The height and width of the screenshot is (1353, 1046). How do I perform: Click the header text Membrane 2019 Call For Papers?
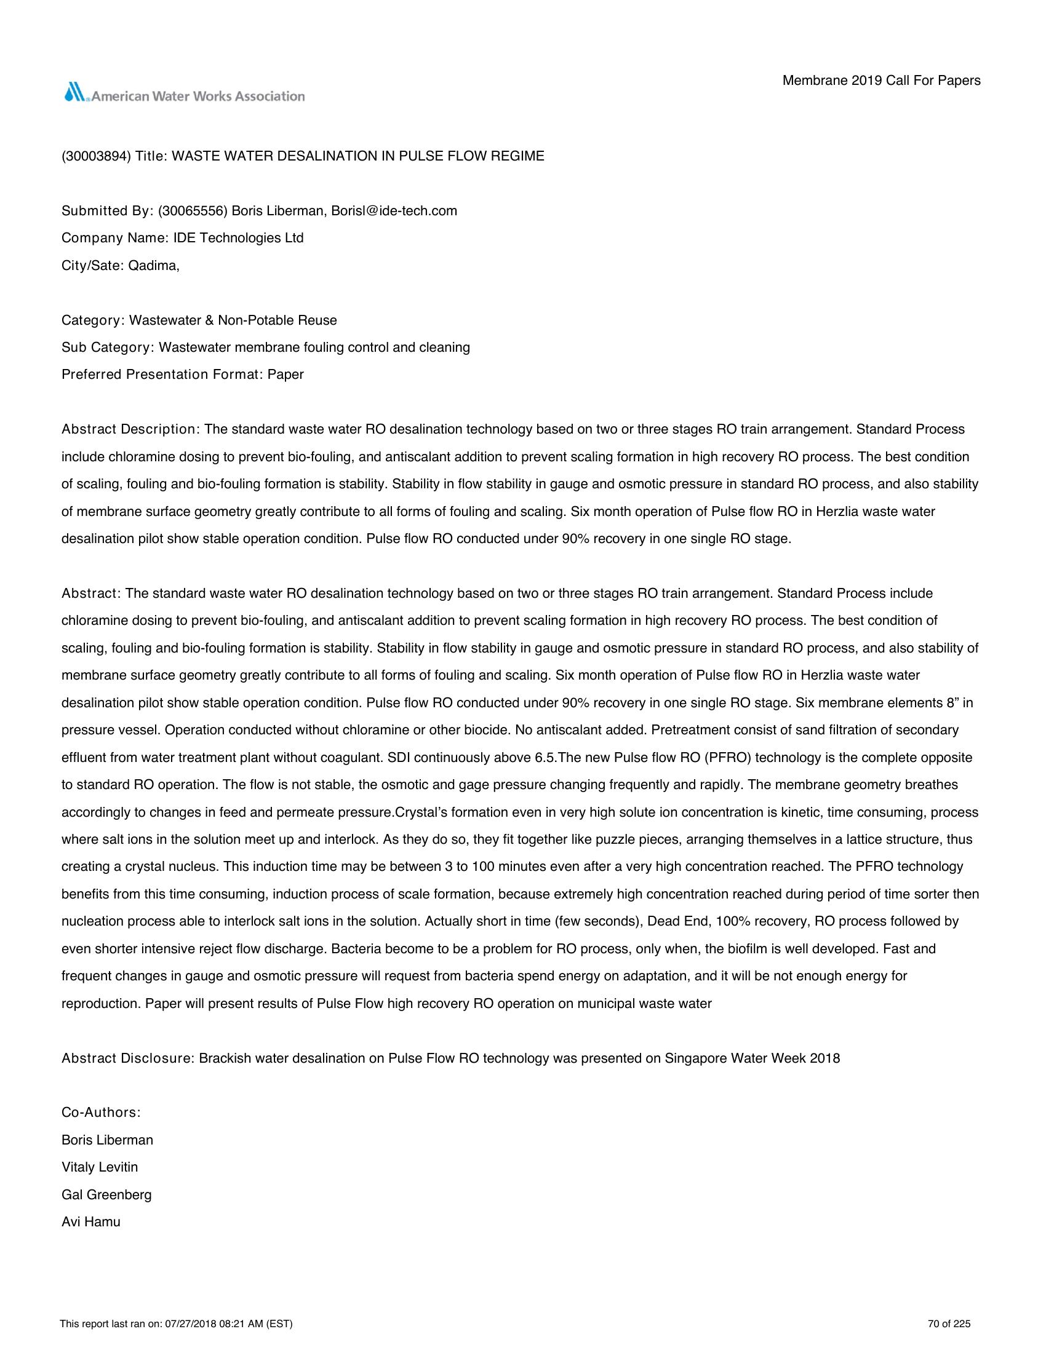click(x=881, y=81)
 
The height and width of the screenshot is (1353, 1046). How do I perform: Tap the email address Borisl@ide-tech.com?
click(x=394, y=210)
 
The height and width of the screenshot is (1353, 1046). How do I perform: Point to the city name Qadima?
click(x=153, y=265)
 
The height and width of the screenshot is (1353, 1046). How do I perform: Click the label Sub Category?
click(x=106, y=347)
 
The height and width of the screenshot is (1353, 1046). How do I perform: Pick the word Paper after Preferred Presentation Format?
click(x=285, y=375)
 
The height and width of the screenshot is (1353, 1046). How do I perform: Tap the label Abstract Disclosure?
click(x=127, y=1058)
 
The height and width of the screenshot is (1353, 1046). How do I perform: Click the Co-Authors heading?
click(x=101, y=1113)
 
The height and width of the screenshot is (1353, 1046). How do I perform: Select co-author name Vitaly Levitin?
click(x=100, y=1167)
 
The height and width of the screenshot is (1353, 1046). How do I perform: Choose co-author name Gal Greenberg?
click(x=106, y=1194)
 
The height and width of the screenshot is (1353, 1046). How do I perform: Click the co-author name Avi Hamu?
click(x=91, y=1221)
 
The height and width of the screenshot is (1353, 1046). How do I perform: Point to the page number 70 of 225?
click(x=949, y=1324)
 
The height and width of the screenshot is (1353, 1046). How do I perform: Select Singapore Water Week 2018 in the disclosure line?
click(x=753, y=1058)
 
